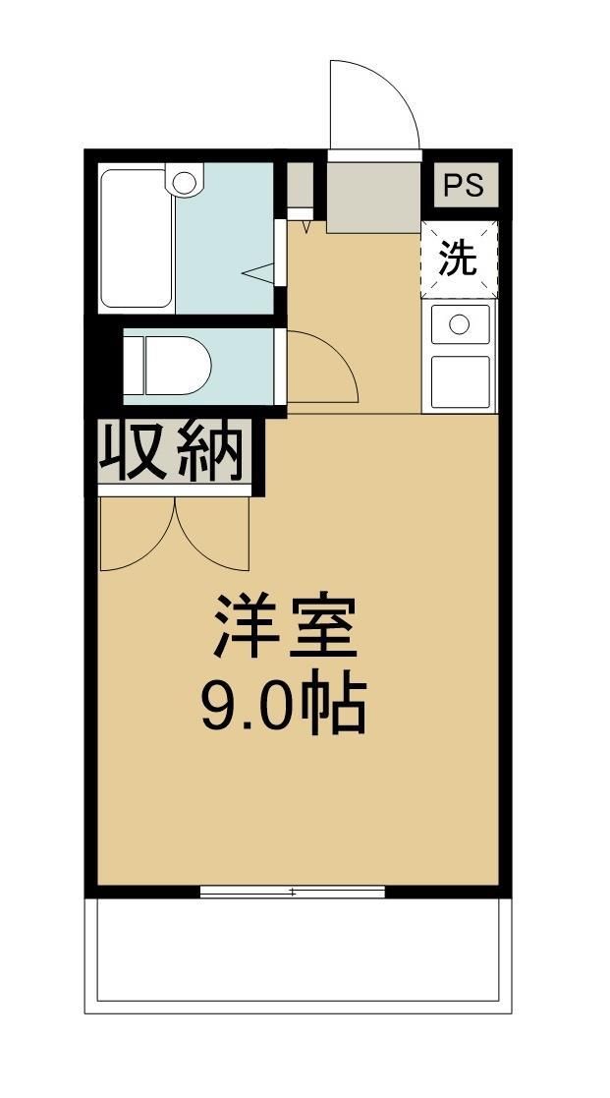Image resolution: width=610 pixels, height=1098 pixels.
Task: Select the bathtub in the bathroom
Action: click(136, 239)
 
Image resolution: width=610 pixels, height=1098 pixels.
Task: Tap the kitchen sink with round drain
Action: click(459, 323)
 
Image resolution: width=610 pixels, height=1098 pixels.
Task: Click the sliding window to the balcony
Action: click(292, 893)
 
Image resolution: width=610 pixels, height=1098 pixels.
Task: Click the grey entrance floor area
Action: click(372, 197)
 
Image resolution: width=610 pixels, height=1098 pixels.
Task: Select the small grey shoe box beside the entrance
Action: click(300, 184)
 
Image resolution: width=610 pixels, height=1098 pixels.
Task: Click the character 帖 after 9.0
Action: click(337, 705)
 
